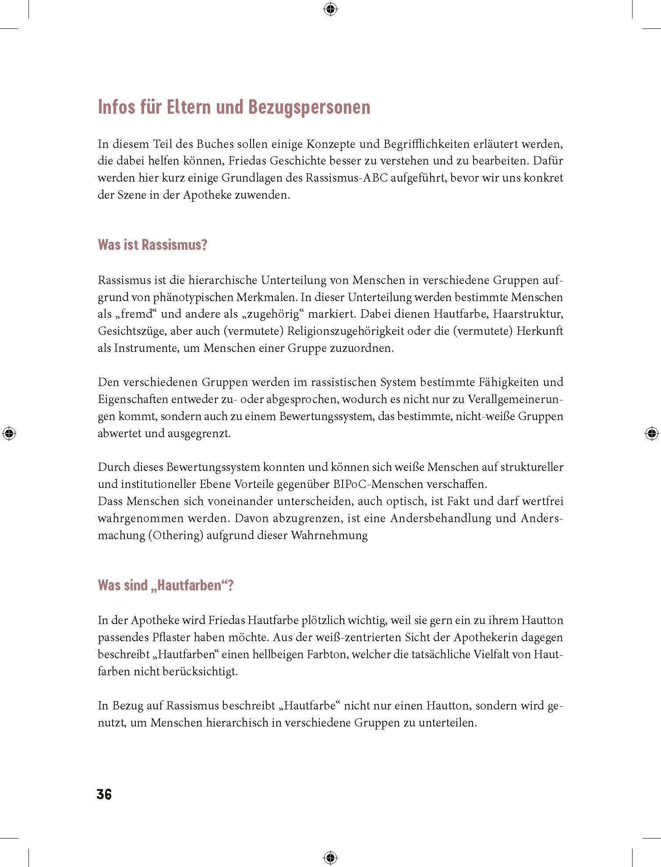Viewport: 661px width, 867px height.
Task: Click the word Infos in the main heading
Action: [116, 107]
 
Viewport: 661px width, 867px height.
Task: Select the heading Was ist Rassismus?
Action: [152, 245]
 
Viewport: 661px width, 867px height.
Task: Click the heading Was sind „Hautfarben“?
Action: [166, 585]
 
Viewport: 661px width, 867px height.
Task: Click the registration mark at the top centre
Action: [330, 9]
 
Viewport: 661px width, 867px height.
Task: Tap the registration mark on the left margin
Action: [9, 434]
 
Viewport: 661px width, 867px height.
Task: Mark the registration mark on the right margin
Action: [651, 434]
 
